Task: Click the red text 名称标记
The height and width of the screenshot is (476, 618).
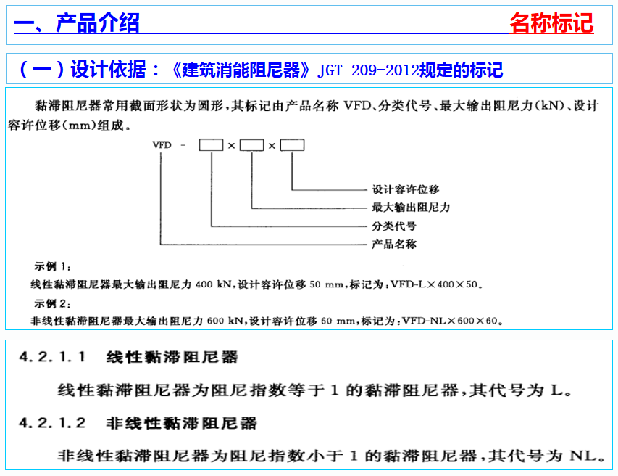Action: click(551, 23)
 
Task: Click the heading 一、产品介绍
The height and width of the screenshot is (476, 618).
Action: click(78, 23)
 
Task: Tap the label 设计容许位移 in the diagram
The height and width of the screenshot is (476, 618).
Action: click(406, 189)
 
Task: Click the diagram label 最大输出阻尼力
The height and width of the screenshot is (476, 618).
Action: click(411, 208)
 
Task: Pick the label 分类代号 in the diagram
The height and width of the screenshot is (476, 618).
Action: click(394, 226)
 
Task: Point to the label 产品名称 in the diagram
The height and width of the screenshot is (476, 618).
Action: click(394, 245)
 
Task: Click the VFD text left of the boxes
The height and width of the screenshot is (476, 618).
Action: click(162, 145)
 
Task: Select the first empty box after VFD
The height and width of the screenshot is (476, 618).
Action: click(211, 145)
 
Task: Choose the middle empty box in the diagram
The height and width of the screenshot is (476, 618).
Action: click(251, 145)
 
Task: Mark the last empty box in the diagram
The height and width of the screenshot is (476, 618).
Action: click(292, 145)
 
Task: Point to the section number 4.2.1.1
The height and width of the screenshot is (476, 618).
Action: click(52, 357)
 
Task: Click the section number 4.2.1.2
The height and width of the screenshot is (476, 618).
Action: click(52, 422)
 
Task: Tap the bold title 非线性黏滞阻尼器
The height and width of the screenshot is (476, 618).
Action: click(181, 422)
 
